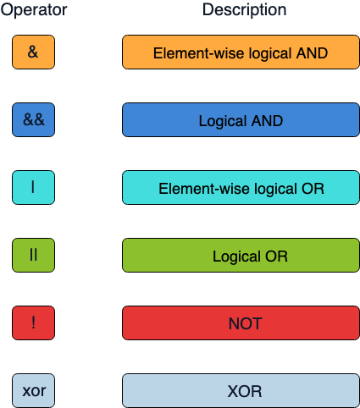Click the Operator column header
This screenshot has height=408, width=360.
coord(33,10)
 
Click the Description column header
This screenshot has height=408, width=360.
coord(244,10)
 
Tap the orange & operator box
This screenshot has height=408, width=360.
coord(34,52)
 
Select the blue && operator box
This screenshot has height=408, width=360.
coord(34,119)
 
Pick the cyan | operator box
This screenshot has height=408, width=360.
coord(34,187)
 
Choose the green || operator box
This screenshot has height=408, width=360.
coord(34,255)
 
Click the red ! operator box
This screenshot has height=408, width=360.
coord(34,323)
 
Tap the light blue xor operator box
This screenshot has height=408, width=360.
coord(34,391)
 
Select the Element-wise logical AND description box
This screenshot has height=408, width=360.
coord(241,52)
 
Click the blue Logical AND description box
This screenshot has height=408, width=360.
coord(241,119)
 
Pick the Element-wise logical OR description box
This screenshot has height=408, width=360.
coord(241,187)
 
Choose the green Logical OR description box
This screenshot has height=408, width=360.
coord(241,255)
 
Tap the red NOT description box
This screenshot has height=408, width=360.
coord(241,323)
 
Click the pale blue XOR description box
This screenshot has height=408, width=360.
coord(241,391)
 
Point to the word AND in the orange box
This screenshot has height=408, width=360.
coord(312,52)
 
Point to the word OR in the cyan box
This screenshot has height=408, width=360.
coord(312,188)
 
